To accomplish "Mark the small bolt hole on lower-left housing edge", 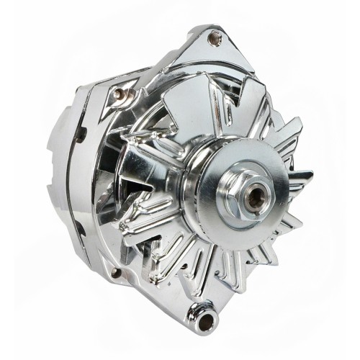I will click(114, 272).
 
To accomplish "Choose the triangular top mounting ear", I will click(209, 47).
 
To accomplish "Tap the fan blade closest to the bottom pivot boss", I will click(209, 277).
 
